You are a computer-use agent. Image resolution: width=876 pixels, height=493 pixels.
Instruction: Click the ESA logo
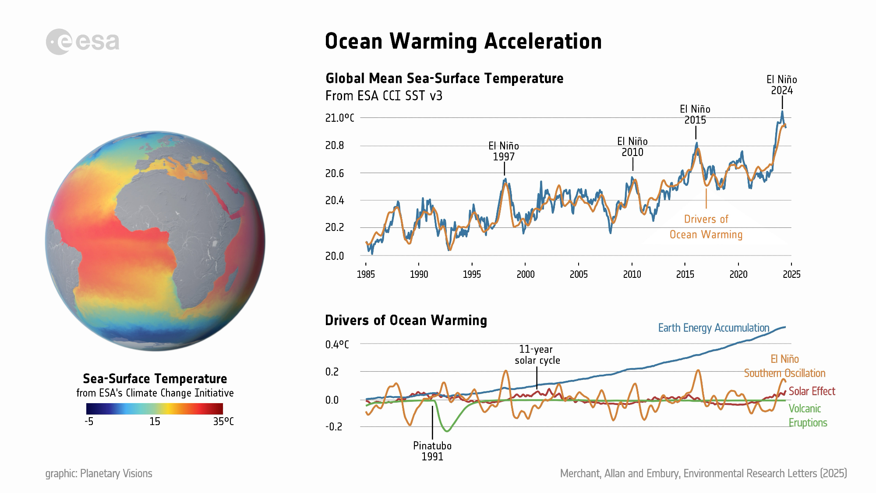click(x=82, y=42)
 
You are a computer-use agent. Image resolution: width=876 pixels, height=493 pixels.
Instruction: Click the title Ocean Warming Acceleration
click(x=463, y=42)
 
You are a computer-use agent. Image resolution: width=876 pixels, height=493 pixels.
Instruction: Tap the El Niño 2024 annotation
click(x=781, y=85)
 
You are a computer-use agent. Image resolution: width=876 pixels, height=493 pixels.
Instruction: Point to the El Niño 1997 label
click(x=503, y=151)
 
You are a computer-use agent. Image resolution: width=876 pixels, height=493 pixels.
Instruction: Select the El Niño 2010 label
click(x=632, y=147)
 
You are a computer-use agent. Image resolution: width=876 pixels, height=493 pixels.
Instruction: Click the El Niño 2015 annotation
click(x=695, y=114)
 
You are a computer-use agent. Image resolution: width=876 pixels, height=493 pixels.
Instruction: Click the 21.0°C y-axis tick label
click(x=339, y=118)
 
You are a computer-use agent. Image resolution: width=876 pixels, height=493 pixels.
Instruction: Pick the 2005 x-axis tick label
click(x=578, y=274)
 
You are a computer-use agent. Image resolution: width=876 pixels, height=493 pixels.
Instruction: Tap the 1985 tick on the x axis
click(x=366, y=274)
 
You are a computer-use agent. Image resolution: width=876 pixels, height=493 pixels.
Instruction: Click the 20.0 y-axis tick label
click(x=335, y=256)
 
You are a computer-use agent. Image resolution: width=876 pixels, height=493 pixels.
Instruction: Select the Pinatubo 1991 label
click(x=432, y=451)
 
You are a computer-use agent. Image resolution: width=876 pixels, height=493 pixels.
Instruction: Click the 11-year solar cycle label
click(x=537, y=355)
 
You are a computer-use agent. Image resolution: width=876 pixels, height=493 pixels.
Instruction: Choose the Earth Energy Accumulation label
click(x=714, y=328)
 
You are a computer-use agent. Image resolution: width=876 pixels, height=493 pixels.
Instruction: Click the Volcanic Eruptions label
click(x=808, y=415)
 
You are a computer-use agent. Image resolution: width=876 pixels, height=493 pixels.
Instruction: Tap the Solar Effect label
click(x=812, y=391)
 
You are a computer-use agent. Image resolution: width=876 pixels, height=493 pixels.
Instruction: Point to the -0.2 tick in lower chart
click(x=333, y=427)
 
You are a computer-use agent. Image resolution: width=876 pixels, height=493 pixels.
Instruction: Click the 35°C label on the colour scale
click(x=223, y=422)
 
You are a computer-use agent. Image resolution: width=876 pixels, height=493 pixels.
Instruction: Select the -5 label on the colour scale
click(x=89, y=422)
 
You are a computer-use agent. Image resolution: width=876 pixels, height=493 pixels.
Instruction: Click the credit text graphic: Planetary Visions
click(x=99, y=473)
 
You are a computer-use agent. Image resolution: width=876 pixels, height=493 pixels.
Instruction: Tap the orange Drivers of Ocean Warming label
click(x=706, y=227)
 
